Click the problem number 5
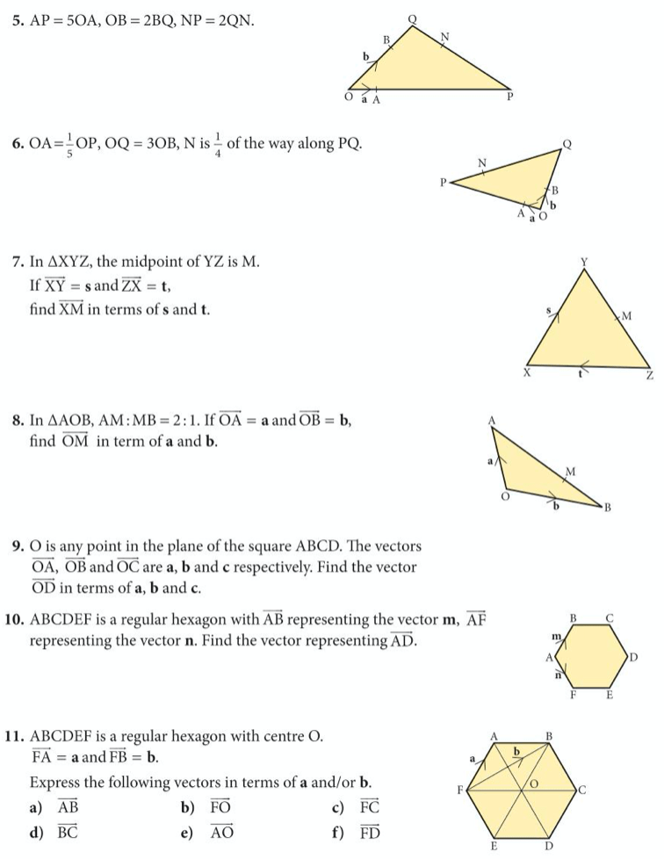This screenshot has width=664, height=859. tap(18, 18)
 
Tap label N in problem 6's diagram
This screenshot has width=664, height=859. tap(481, 162)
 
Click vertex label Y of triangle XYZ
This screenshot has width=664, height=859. tap(584, 261)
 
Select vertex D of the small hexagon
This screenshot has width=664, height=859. tap(632, 656)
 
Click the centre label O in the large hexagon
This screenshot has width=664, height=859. tap(532, 781)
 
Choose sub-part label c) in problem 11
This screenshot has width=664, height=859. tap(327, 806)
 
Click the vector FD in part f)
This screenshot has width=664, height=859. tap(369, 831)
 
